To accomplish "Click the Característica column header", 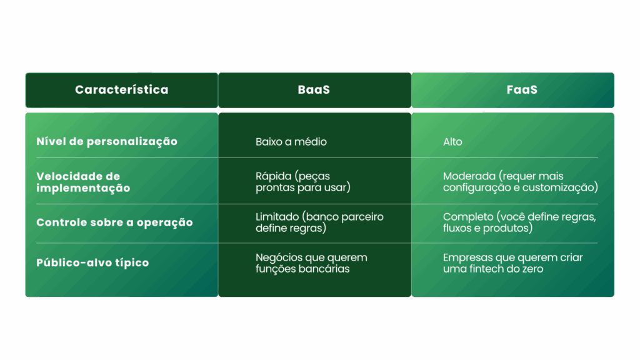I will [122, 90].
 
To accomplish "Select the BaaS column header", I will [314, 90].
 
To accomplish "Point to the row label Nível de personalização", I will [106, 142].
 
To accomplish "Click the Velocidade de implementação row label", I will [83, 182].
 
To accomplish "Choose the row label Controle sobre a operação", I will [114, 222].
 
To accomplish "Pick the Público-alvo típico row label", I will [92, 262].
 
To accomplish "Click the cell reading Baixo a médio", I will [291, 142].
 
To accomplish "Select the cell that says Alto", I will [452, 142].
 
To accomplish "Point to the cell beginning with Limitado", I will [319, 222].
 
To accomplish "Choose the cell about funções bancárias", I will [311, 263].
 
